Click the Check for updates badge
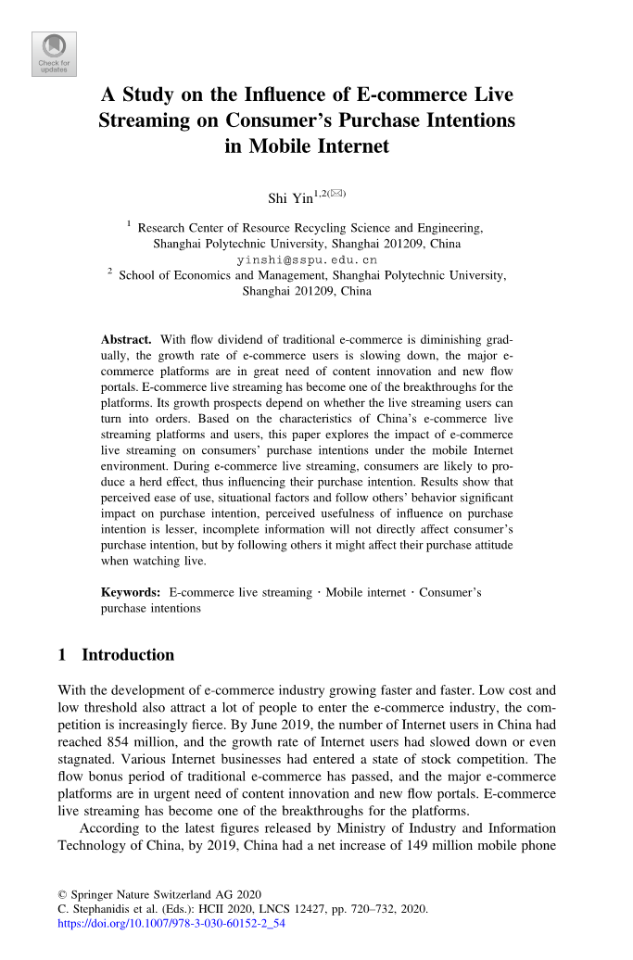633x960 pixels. pyautogui.click(x=55, y=54)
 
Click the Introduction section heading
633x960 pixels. pyautogui.click(x=128, y=655)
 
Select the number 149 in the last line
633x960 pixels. pyautogui.click(x=443, y=847)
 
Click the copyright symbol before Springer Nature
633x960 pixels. pyautogui.click(x=62, y=894)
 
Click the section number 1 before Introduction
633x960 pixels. pyautogui.click(x=62, y=655)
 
